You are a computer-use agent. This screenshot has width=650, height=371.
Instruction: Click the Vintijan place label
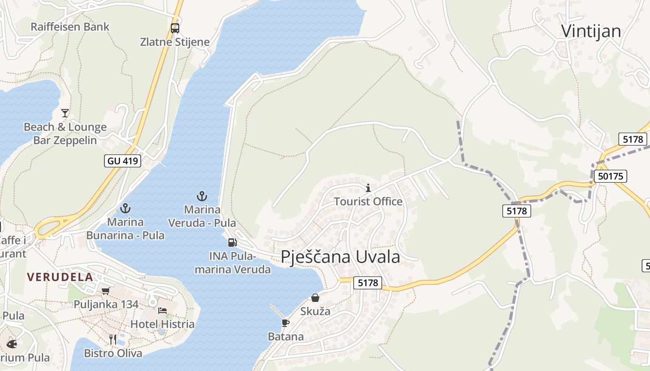[x=591, y=31]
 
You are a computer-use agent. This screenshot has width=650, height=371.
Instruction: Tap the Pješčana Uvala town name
[x=340, y=256]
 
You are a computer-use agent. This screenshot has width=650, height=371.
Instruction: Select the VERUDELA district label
[x=60, y=277]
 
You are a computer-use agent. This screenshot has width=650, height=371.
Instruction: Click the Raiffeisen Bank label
[x=70, y=26]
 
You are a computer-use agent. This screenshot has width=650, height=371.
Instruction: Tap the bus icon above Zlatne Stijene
[x=175, y=28]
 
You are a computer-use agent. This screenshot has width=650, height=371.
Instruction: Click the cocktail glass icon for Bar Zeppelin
[x=65, y=113]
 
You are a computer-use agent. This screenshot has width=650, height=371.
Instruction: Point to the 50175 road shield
[x=611, y=176]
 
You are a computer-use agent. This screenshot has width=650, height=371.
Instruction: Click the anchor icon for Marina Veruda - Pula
[x=201, y=196]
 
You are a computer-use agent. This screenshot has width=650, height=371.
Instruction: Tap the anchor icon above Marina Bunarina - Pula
[x=125, y=208]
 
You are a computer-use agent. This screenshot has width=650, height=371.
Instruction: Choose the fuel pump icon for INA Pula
[x=232, y=242]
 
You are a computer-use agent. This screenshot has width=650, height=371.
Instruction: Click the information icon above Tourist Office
[x=368, y=188]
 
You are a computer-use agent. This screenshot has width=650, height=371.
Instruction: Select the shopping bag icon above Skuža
[x=315, y=298]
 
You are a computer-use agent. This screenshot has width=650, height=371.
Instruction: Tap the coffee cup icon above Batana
[x=285, y=323]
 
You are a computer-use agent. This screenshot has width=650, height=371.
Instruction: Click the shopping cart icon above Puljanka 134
[x=106, y=291]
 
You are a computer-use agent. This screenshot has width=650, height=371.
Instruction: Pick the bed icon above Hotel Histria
[x=162, y=310]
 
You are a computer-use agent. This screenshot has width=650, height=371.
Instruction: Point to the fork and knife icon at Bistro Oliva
[x=113, y=339]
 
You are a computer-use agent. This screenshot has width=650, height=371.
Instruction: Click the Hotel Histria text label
[x=162, y=324]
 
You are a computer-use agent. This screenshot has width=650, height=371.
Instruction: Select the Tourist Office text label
[x=368, y=201]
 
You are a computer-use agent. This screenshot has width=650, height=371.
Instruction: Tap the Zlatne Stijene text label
[x=175, y=42]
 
